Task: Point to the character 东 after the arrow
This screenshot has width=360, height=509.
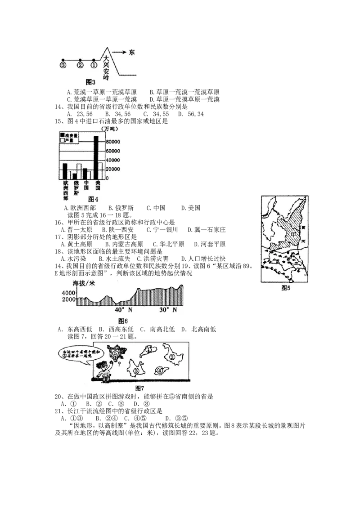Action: point(131,53)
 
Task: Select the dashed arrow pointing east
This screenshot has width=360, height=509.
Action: point(119,53)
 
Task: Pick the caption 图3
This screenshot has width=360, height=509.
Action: point(90,82)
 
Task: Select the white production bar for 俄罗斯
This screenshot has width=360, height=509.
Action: point(79,171)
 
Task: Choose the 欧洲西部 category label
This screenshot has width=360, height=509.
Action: point(66,192)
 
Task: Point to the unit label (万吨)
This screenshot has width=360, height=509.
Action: point(112,128)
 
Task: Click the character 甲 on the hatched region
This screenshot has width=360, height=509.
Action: point(294,235)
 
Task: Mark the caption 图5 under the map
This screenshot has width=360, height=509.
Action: point(286,288)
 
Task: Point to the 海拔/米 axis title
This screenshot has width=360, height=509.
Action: point(84,284)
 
